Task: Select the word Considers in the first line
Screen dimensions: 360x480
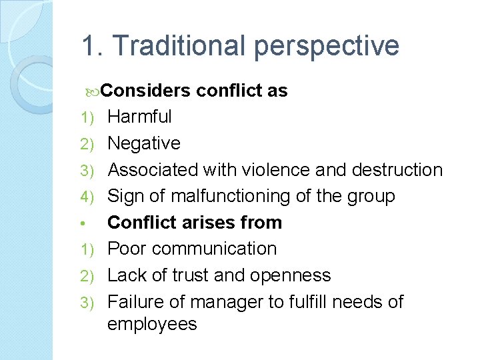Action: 147,91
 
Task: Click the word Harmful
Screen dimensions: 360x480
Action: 139,117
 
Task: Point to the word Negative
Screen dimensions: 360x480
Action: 144,143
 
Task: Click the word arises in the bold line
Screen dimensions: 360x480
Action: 203,222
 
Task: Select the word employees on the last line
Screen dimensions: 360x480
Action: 152,325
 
